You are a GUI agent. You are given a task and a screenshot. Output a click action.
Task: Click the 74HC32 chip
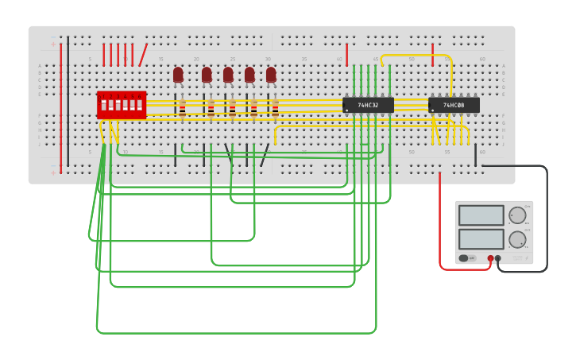point(368,105)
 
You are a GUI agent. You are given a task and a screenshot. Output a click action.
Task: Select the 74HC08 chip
point(454,105)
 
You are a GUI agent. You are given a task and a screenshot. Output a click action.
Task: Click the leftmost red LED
point(178,75)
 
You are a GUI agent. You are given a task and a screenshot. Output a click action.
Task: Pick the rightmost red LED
point(271,75)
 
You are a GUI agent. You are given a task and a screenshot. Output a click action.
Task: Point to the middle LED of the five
point(228,75)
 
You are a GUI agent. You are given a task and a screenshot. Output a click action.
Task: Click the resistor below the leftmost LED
point(182,109)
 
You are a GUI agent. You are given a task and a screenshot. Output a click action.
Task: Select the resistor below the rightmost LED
point(275,109)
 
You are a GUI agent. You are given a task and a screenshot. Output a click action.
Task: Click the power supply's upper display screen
point(481,215)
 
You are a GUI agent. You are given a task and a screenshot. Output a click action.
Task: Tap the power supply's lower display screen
point(481,238)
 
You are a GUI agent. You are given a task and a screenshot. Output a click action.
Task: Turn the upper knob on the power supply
point(517,215)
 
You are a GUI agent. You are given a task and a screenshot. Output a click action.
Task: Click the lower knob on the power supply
point(517,239)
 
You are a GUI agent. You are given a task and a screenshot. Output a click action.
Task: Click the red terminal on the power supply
point(490,258)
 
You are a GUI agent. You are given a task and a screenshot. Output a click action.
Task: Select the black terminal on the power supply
point(498,258)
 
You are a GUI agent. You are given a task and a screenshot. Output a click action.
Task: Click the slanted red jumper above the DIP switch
point(143,55)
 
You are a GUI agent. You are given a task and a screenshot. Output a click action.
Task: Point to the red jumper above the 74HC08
point(432,55)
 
